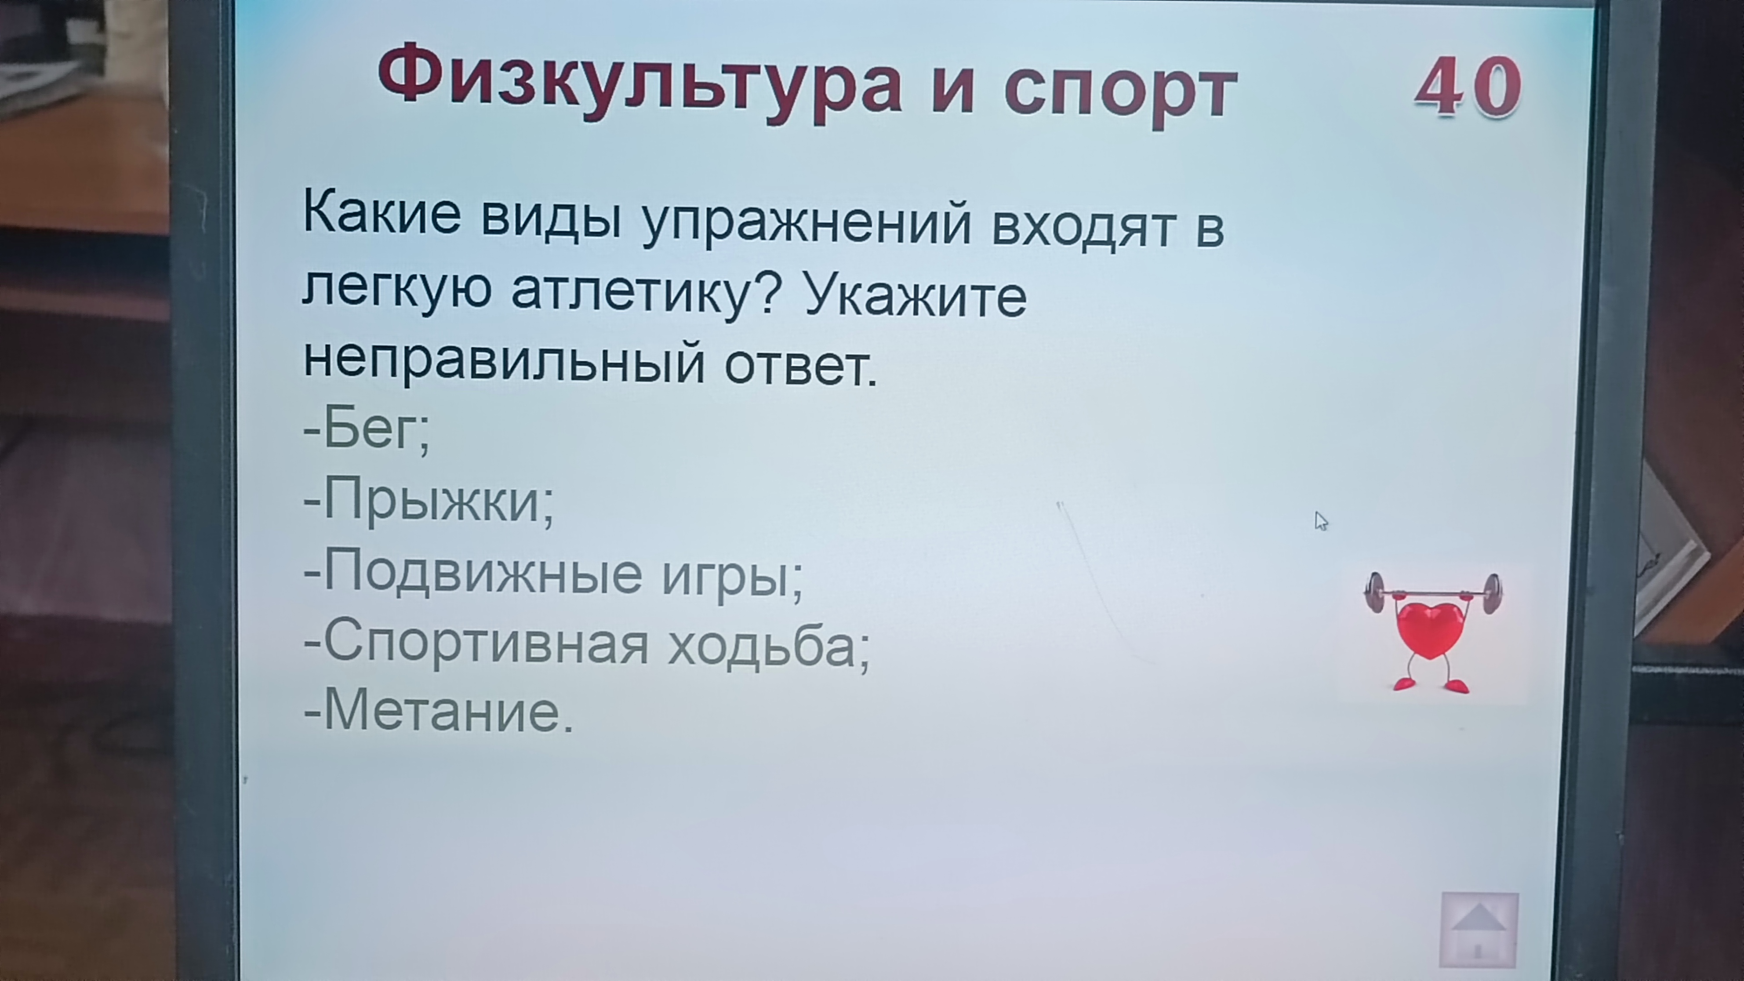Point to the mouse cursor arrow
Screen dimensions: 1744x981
point(1321,521)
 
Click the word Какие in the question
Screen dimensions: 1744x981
point(382,213)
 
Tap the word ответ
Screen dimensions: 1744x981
point(800,367)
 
